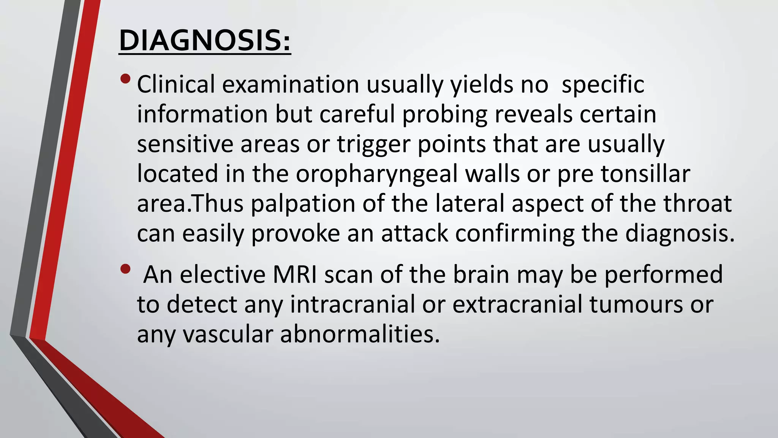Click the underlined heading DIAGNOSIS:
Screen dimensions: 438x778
[205, 40]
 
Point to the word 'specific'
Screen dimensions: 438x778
[603, 84]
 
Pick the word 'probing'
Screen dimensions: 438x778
[445, 114]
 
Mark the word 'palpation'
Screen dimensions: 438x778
[303, 204]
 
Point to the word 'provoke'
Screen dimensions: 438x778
[296, 233]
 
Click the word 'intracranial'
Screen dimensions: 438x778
[353, 305]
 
